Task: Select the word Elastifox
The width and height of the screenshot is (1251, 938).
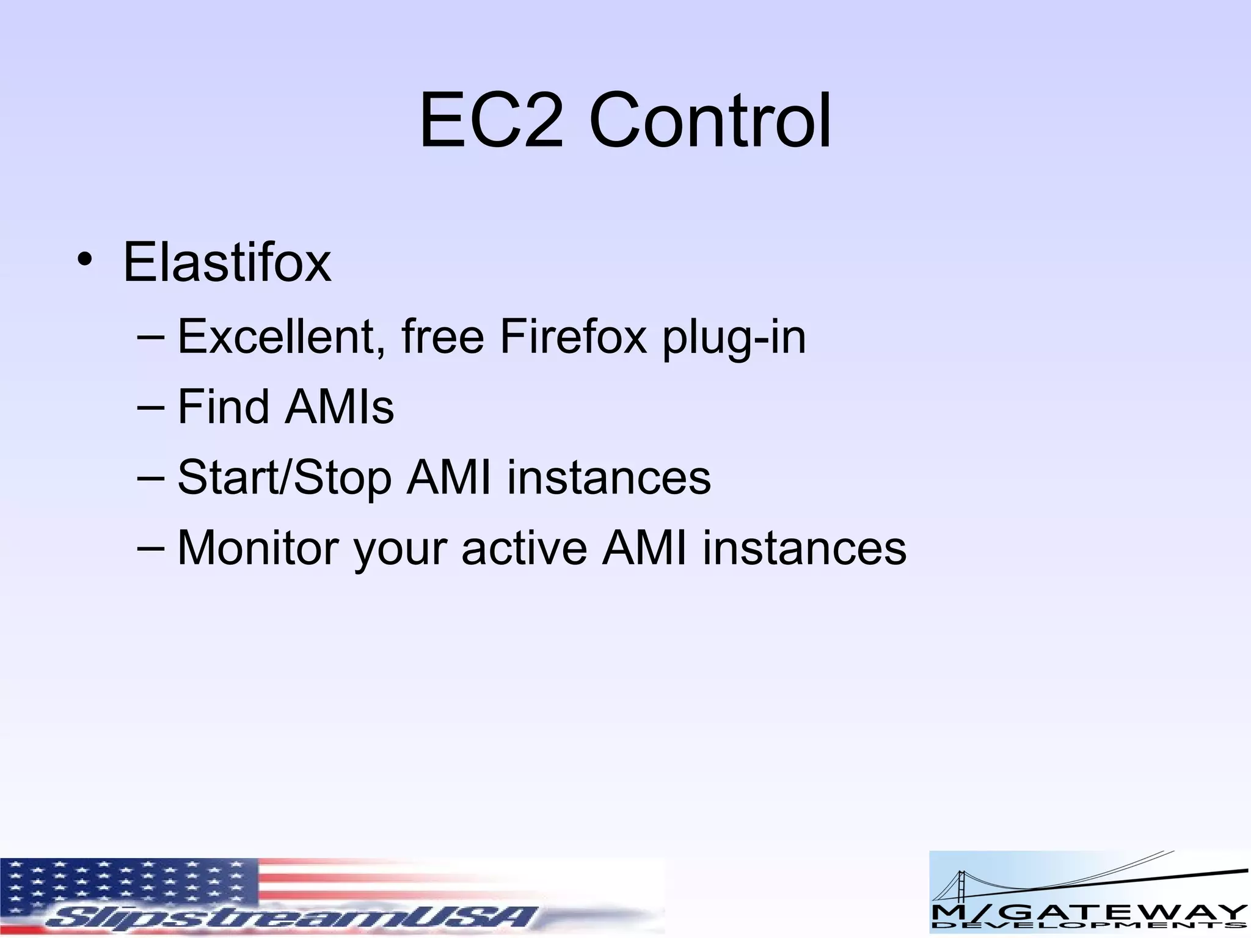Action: (227, 263)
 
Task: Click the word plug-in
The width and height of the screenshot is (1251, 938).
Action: (734, 338)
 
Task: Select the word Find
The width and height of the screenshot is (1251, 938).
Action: (223, 407)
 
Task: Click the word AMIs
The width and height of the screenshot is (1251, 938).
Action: (340, 407)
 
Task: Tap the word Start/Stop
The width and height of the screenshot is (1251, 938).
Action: (284, 478)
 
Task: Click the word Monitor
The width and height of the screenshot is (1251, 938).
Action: (258, 548)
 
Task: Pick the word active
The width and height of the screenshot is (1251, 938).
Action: (524, 548)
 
